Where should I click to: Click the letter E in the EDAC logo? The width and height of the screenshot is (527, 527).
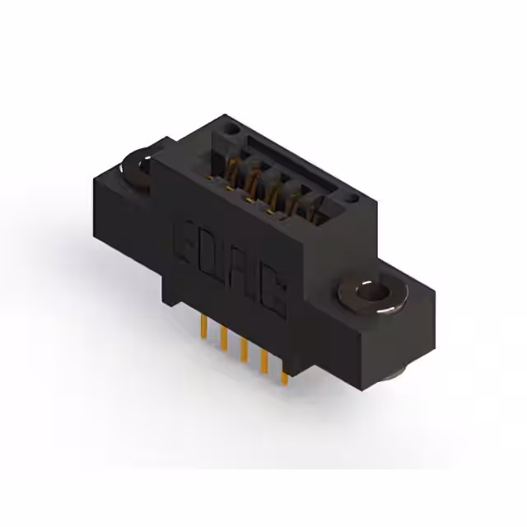coord(185,240)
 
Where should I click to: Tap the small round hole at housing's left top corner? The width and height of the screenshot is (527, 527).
coord(231,130)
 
